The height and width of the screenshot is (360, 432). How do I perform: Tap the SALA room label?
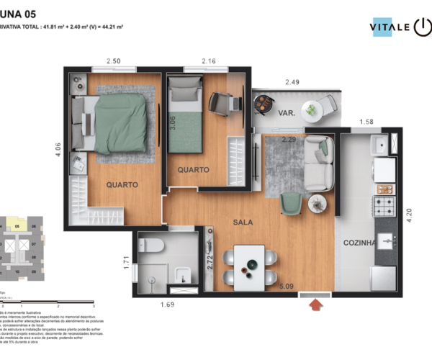click(x=243, y=224)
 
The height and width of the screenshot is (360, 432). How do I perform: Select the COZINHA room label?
click(x=359, y=243)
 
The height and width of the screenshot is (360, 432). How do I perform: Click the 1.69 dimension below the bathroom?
click(x=167, y=305)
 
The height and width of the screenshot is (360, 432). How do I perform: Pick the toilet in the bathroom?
click(x=152, y=246)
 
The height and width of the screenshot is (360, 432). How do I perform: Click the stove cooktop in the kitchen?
click(x=384, y=207)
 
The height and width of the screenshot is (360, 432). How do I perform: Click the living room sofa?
click(x=319, y=164)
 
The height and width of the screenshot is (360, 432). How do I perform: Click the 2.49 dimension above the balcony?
click(x=292, y=82)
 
